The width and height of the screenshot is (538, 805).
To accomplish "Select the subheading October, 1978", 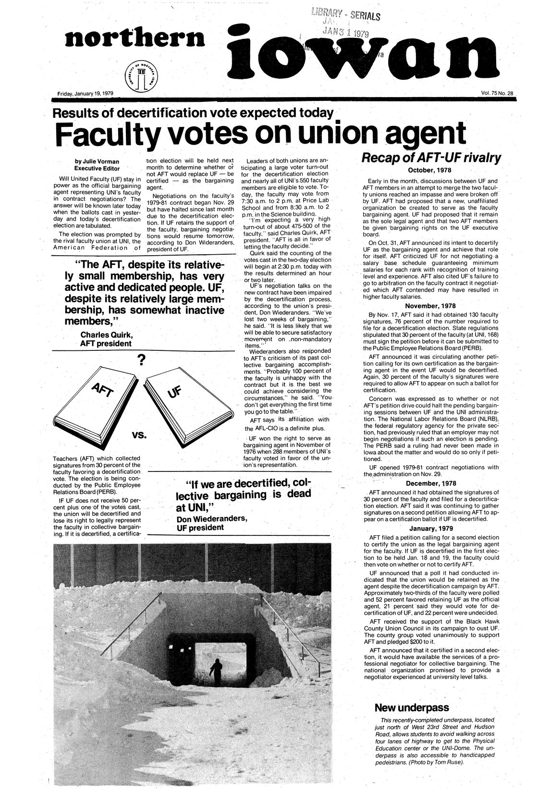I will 430,170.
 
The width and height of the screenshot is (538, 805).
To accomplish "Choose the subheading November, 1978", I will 430,306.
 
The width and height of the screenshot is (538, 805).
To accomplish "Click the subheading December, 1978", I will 430,483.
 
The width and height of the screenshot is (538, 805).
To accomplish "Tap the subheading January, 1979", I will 430,529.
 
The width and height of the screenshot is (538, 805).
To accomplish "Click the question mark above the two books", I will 141,360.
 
